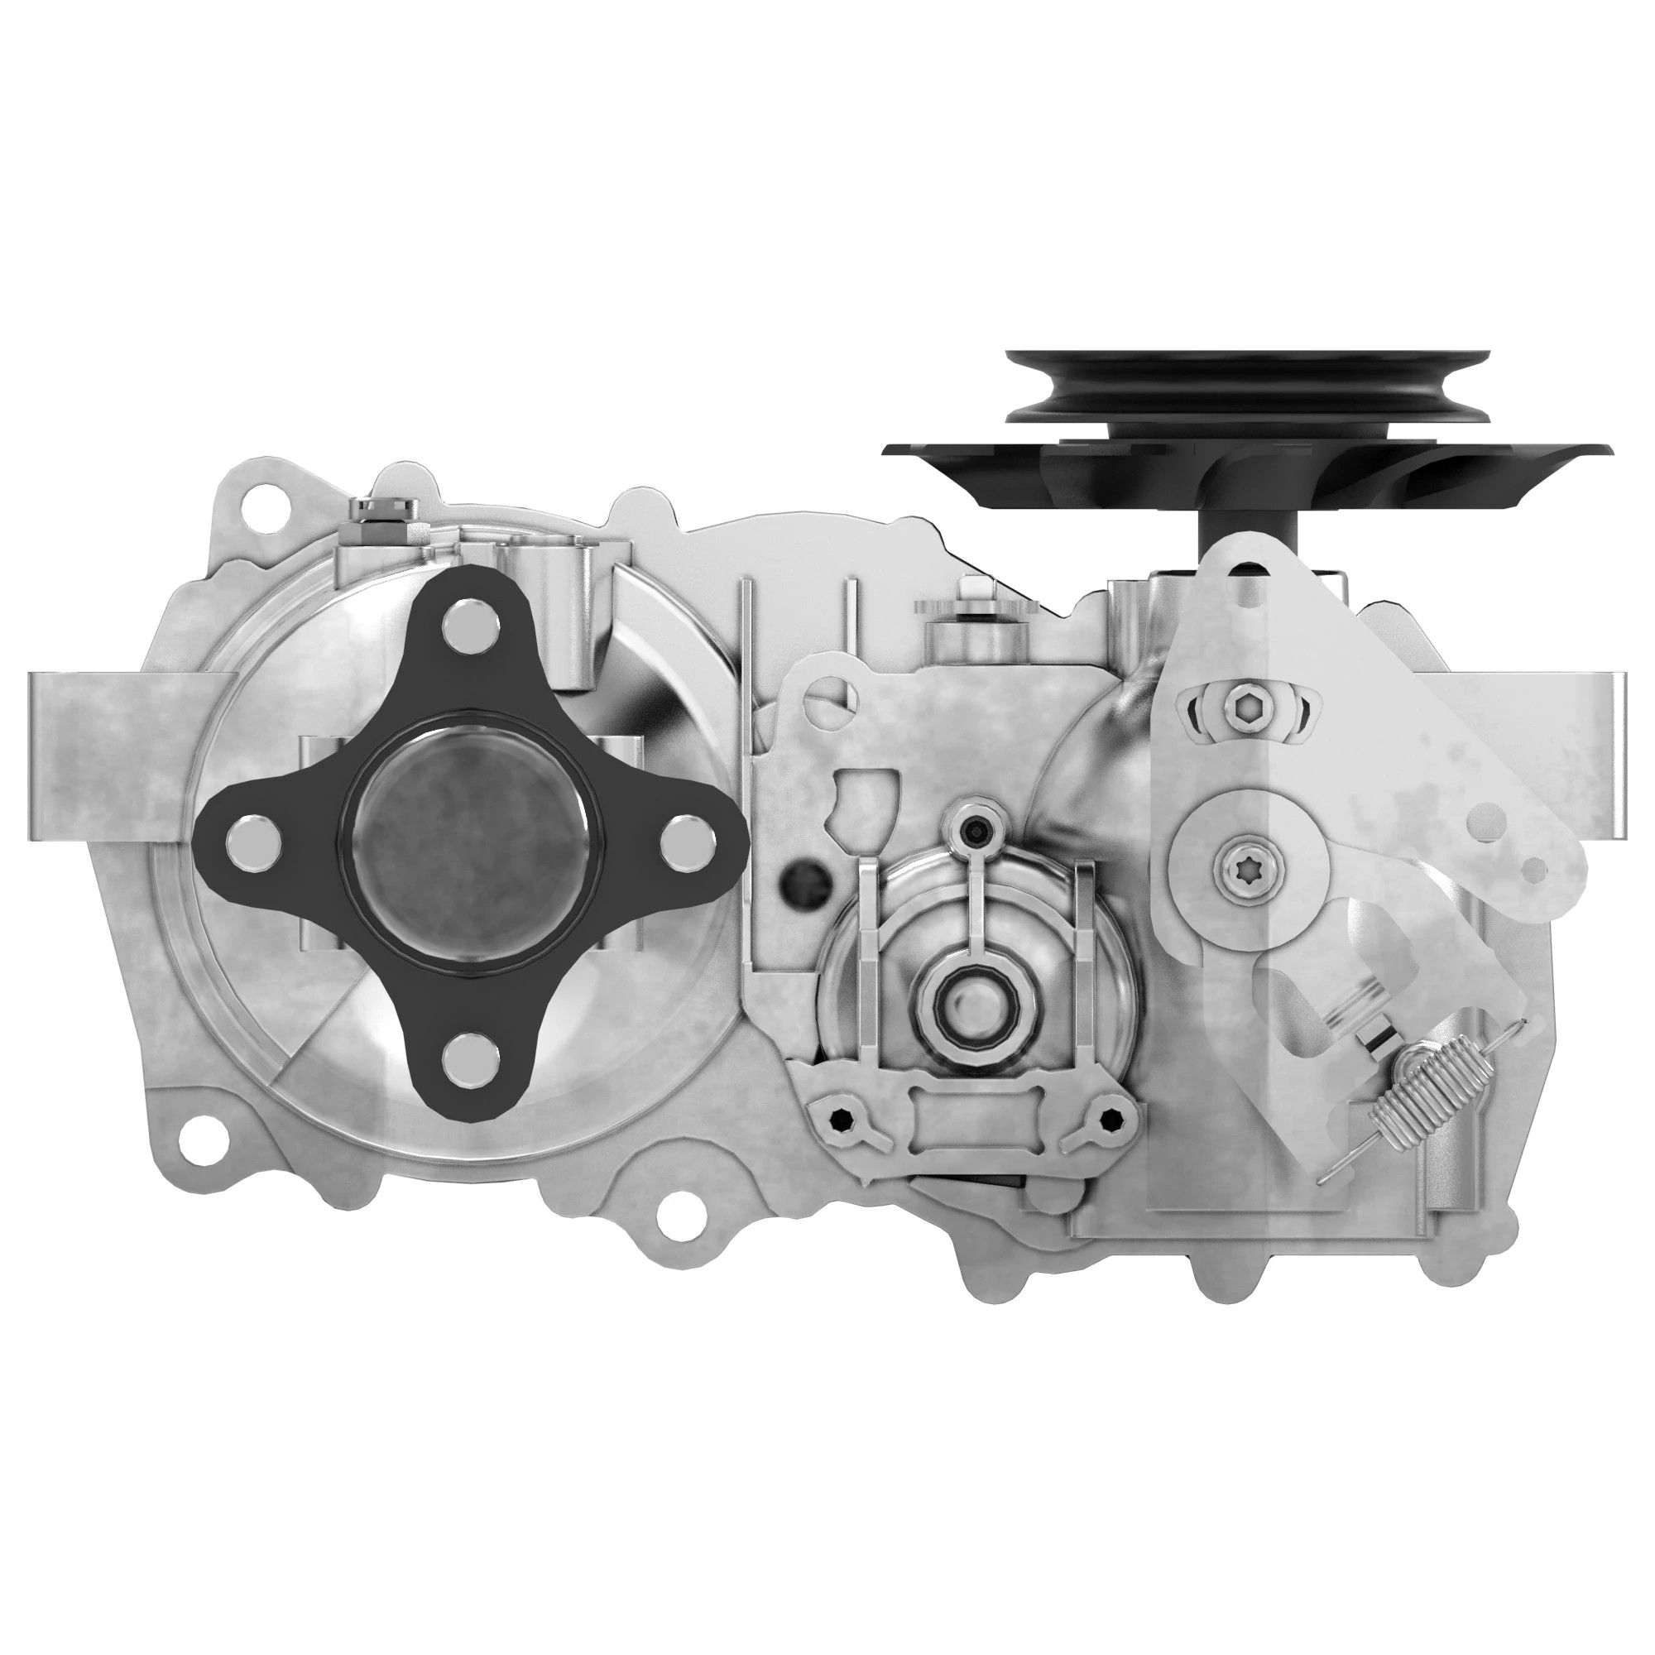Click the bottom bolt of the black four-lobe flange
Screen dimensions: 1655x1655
[x=472, y=1055]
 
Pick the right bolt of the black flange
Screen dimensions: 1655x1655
[x=688, y=838]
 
